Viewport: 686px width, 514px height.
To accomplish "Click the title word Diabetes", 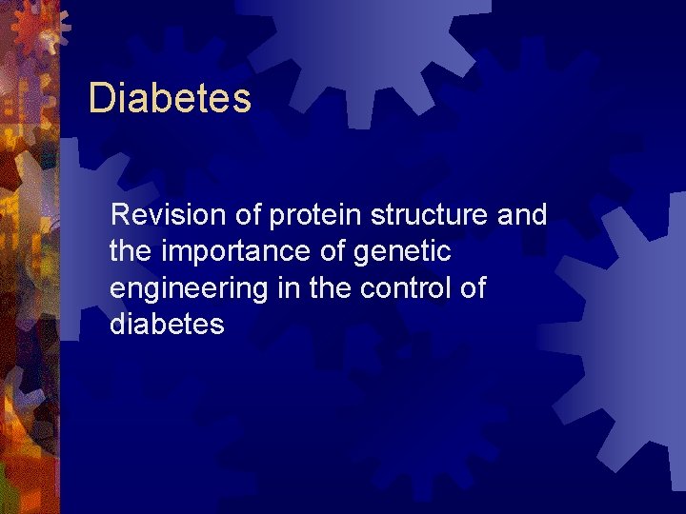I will coord(170,98).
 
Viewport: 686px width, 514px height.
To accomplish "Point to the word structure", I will coord(430,216).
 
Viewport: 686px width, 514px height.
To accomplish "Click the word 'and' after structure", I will coord(522,215).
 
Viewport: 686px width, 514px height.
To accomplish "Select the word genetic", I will coord(401,252).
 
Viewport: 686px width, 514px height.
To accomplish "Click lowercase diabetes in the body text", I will coord(167,325).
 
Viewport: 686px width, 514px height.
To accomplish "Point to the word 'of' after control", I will coord(472,287).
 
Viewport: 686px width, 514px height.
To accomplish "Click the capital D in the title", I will coord(100,98).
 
